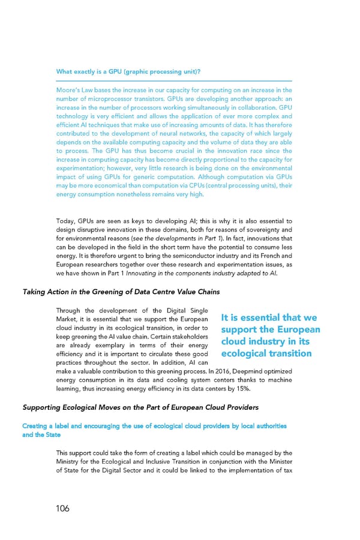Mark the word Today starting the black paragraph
point(65,221)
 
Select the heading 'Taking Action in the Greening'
point(121,292)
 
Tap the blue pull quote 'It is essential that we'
point(269,318)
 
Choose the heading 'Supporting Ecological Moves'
point(140,408)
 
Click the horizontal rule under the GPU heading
point(174,80)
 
